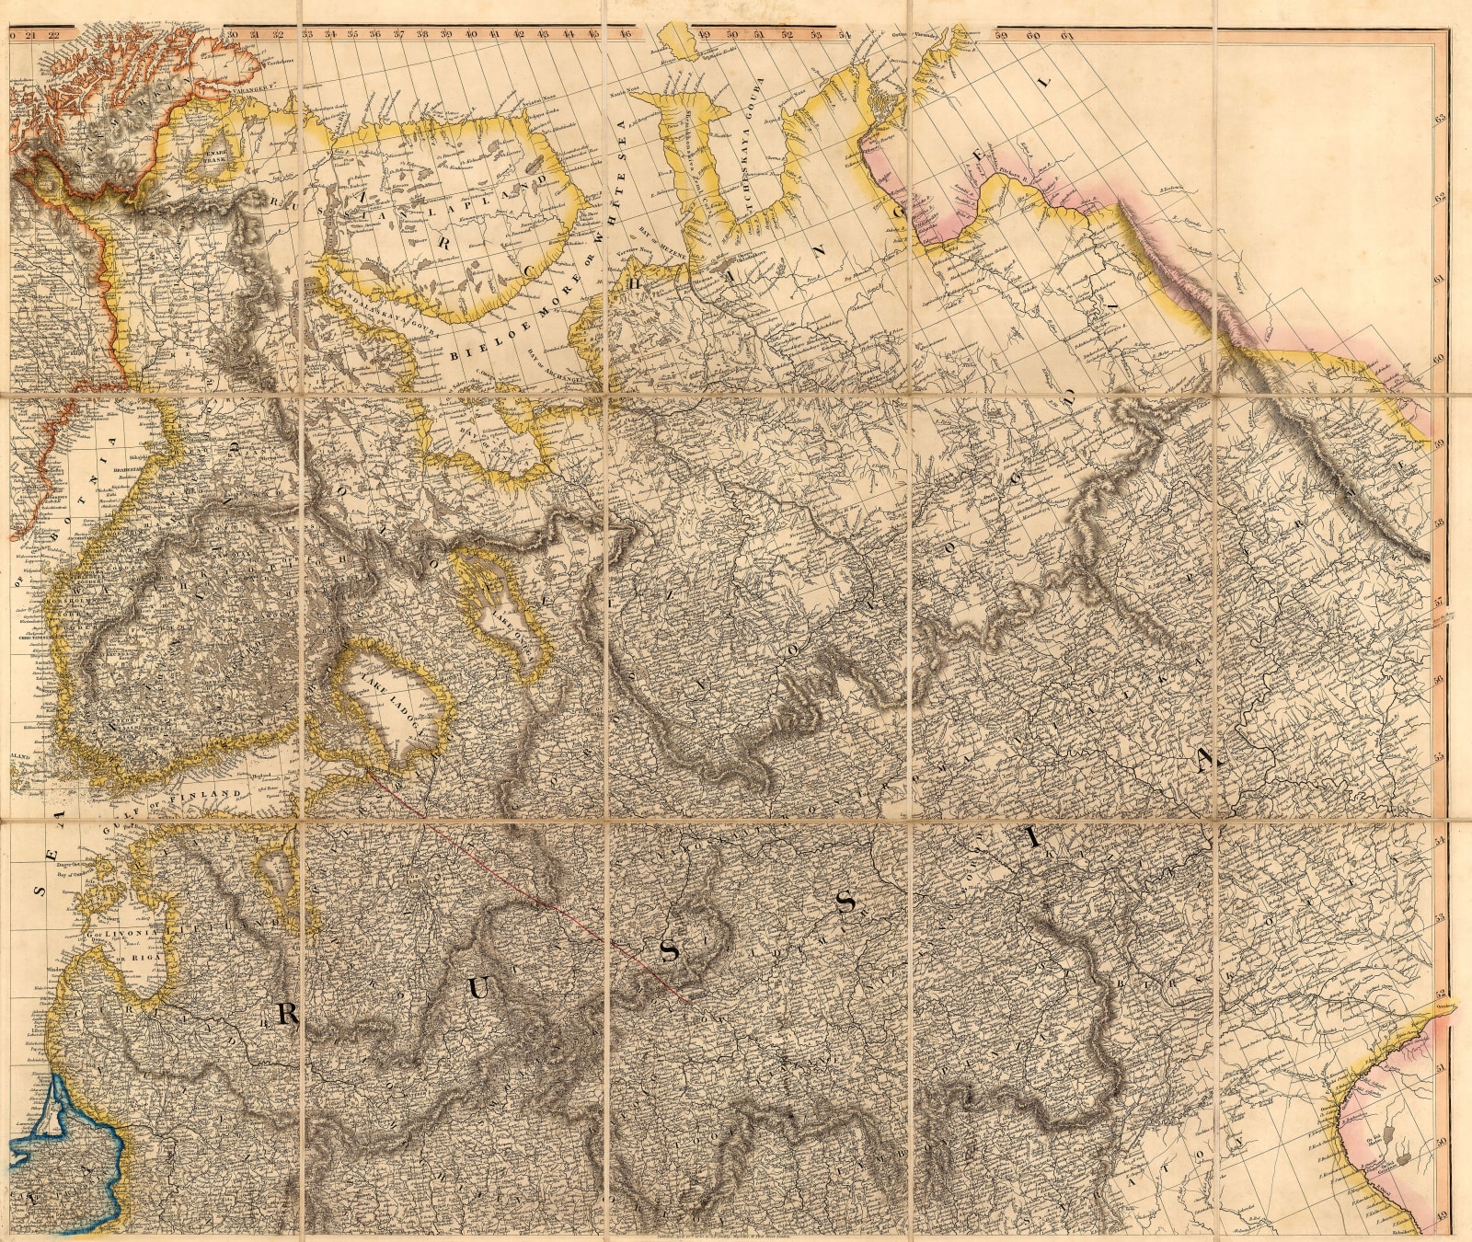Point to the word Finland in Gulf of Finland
click(x=217, y=793)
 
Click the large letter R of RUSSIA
click(x=285, y=1013)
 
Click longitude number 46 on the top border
click(x=626, y=35)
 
